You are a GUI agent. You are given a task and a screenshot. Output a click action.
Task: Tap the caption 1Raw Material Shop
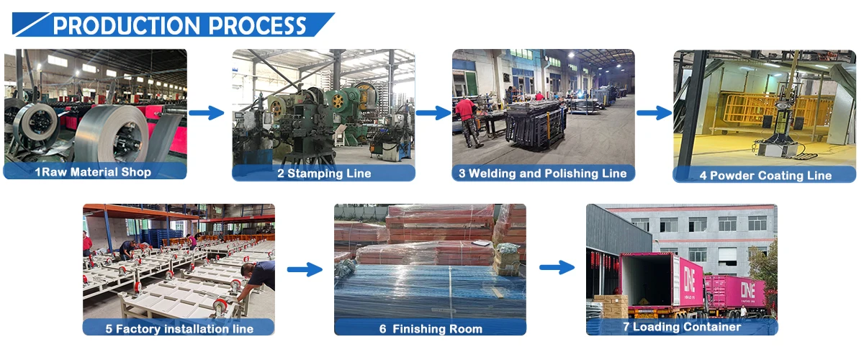[94, 172]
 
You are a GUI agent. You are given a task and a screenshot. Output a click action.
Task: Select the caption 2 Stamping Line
[324, 174]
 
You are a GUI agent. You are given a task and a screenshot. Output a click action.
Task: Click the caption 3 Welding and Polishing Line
[543, 174]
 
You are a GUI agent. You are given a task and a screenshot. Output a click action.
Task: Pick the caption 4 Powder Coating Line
[765, 175]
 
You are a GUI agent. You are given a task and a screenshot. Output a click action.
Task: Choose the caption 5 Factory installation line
[179, 328]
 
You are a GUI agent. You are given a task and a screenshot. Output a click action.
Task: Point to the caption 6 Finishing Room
[431, 329]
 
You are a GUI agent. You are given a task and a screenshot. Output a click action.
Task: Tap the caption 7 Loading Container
[681, 327]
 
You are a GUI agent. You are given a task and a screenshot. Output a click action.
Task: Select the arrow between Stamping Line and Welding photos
[433, 113]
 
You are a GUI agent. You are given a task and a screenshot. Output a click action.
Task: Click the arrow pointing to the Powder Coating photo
[654, 113]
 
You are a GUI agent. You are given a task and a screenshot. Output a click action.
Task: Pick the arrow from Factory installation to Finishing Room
[305, 269]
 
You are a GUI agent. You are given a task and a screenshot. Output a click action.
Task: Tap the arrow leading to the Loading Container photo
[557, 268]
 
